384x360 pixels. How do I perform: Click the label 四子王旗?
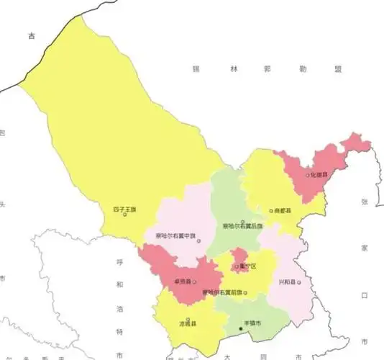(x=124, y=209)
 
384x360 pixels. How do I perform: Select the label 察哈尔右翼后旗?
(x=243, y=228)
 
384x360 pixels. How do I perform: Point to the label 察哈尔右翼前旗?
(x=222, y=292)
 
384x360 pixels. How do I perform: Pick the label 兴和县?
(x=287, y=282)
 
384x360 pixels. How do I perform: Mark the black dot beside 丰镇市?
(x=242, y=330)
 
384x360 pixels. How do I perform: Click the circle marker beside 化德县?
(x=307, y=175)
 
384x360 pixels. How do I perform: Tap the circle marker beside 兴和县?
(x=297, y=282)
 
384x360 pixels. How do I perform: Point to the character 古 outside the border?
(x=31, y=35)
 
